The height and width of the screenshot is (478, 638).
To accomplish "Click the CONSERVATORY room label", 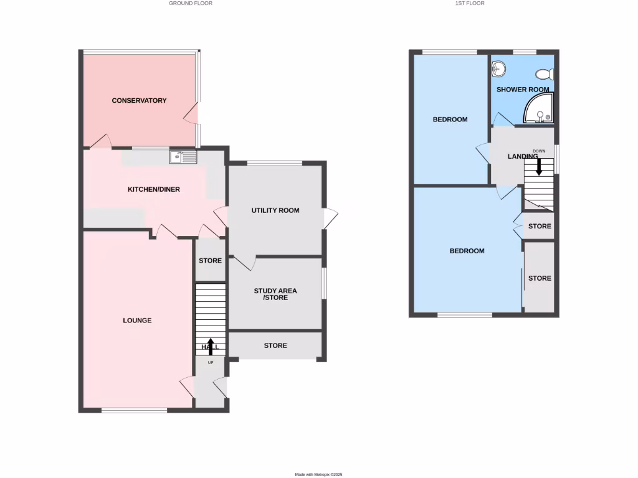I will tap(139, 100).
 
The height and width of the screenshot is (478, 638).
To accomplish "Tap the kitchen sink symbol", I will tap(183, 157).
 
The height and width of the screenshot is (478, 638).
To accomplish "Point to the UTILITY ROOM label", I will tap(275, 210).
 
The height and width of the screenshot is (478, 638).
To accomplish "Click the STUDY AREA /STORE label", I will tap(275, 294).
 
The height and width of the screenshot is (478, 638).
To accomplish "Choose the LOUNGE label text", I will tap(137, 321).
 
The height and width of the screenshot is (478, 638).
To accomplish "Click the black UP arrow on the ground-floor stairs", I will tap(210, 346).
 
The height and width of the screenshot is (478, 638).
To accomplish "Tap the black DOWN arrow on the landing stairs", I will tap(539, 166).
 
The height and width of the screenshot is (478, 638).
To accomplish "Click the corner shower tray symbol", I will tap(538, 110).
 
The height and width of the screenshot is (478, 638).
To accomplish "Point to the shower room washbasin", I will tap(499, 68).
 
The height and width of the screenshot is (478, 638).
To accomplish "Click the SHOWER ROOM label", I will tap(523, 89).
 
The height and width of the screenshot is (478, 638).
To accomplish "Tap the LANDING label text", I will tap(522, 156).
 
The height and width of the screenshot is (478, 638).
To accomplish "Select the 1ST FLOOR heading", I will tap(470, 3).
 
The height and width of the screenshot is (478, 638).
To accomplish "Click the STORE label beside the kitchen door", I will tap(210, 260).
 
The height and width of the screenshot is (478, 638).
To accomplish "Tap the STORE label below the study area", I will tap(275, 345).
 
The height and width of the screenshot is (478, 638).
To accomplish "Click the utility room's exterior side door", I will tap(331, 218).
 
